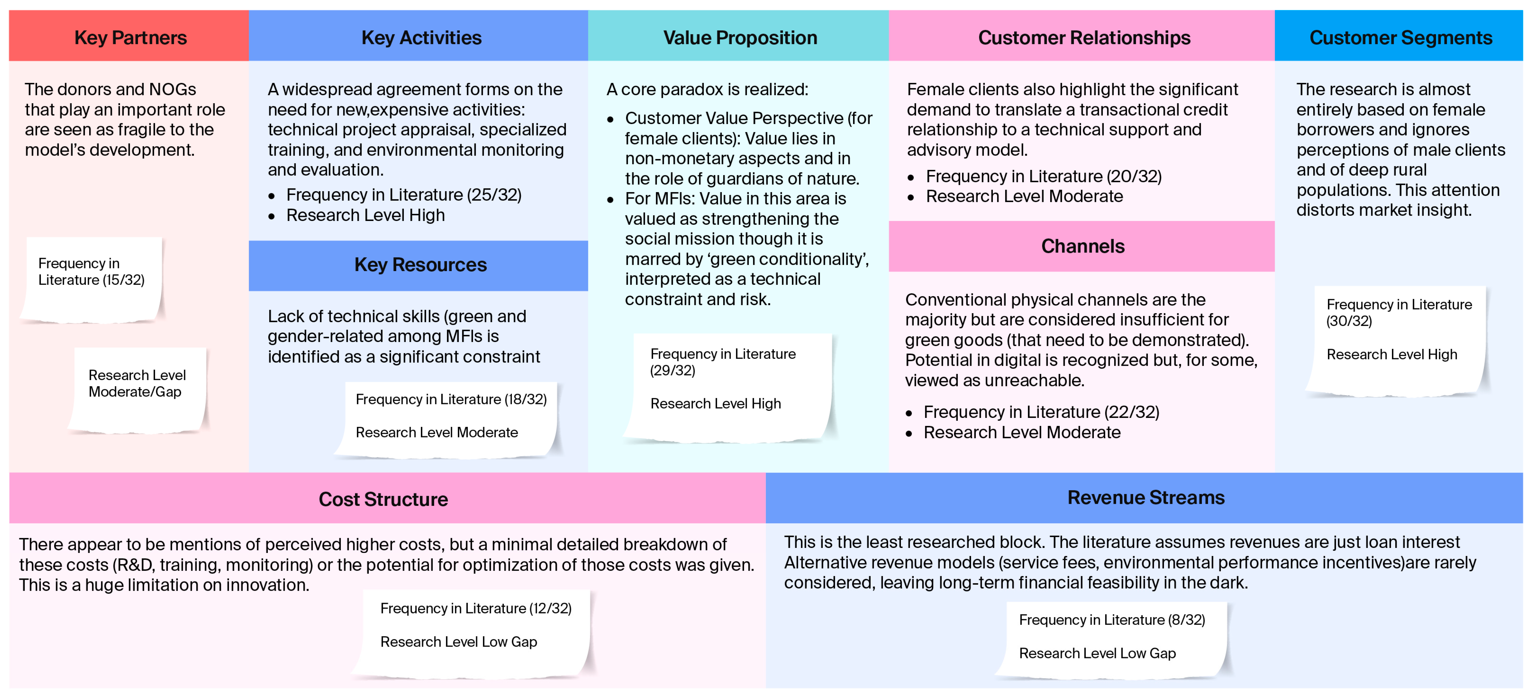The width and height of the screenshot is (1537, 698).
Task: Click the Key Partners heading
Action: click(130, 38)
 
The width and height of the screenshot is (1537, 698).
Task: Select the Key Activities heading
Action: click(421, 38)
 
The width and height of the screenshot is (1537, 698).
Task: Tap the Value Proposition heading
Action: click(740, 38)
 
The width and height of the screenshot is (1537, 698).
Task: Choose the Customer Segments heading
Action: click(1400, 38)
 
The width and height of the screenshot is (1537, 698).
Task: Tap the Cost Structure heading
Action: click(383, 499)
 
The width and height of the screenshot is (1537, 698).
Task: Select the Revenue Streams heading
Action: click(1146, 497)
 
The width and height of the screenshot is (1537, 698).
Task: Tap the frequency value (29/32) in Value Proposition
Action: click(672, 371)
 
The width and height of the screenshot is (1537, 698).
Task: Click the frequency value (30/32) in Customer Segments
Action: click(1348, 321)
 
